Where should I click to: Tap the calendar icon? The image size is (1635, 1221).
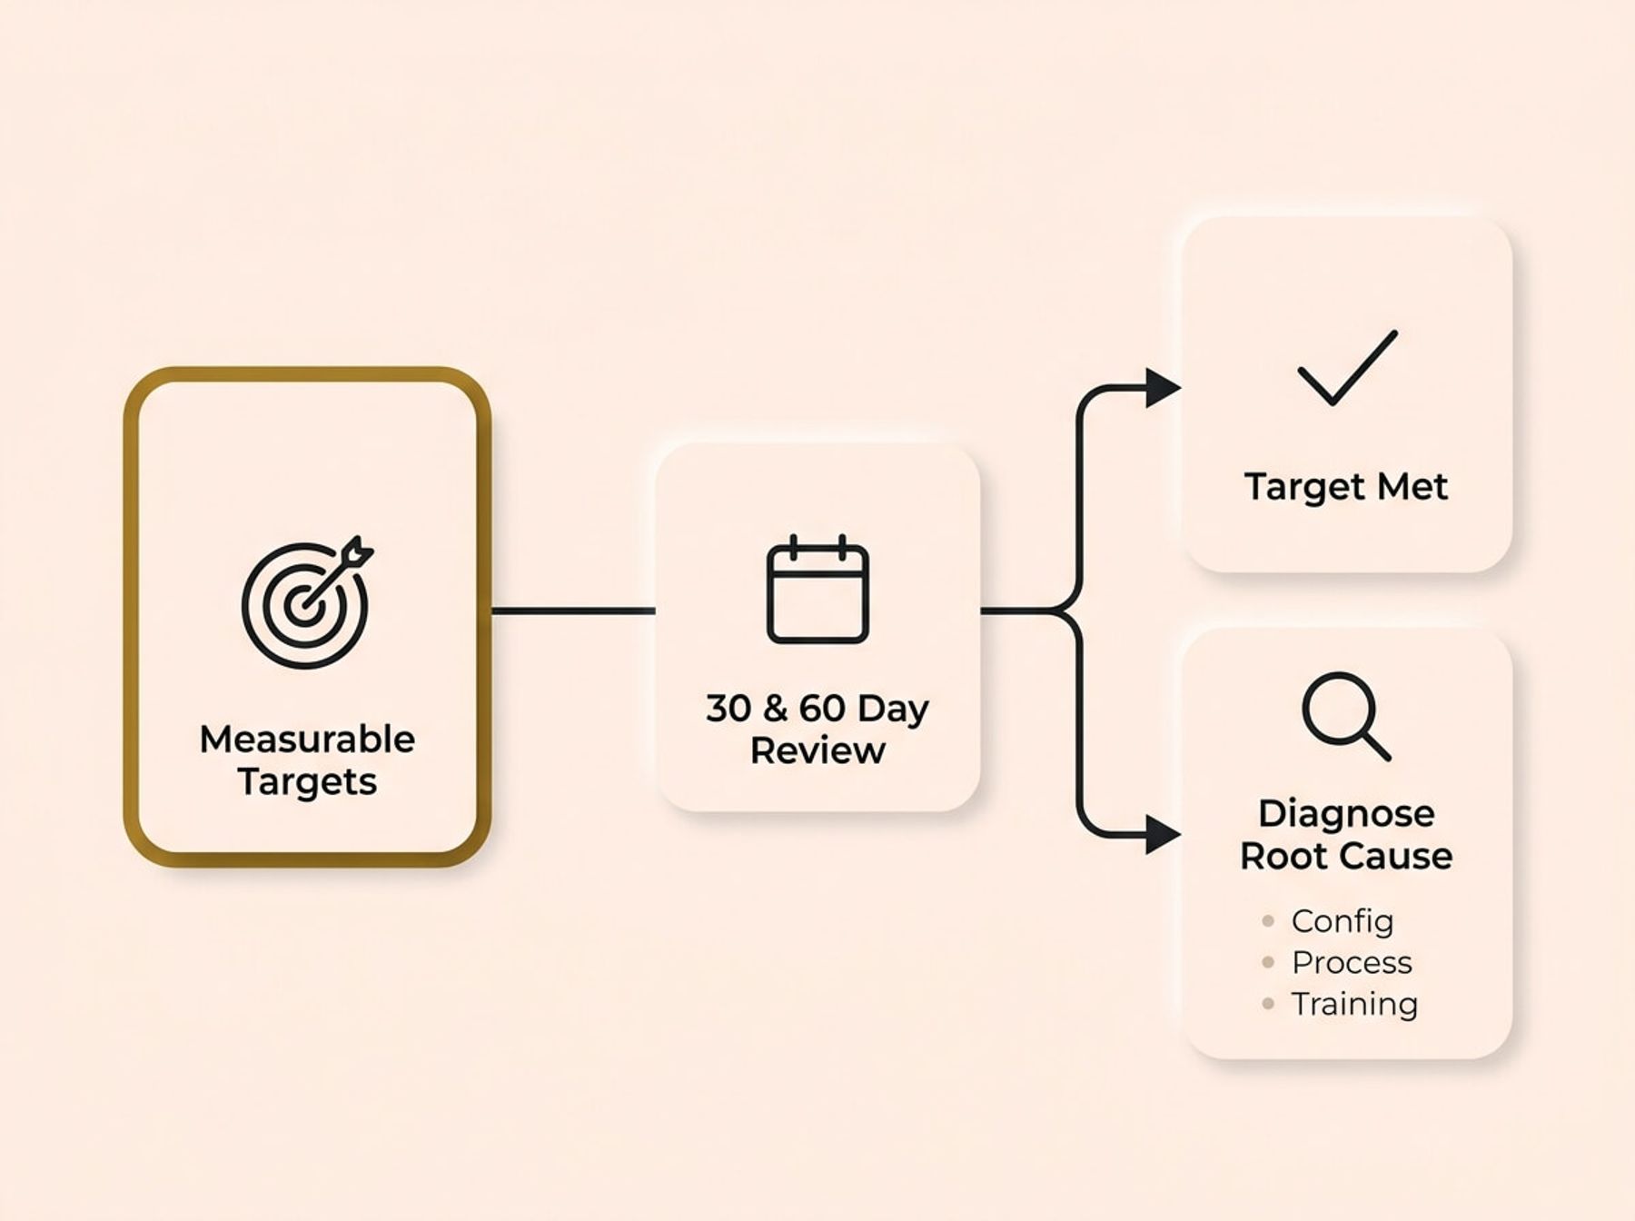817,591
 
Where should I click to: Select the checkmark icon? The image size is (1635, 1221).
1347,368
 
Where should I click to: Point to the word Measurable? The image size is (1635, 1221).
307,740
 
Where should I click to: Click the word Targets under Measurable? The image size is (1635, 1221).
307,782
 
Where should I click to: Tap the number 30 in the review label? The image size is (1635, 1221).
727,709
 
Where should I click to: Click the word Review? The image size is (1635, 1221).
817,751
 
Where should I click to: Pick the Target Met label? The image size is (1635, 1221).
1345,487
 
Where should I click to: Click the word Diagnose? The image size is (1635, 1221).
1346,813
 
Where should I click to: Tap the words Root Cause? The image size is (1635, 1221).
1346,856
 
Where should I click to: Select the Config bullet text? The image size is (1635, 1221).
1342,921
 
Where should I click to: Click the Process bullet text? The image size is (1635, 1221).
1352,962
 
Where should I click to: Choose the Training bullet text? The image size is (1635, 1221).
1353,1004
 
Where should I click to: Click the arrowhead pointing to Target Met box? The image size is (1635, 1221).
1161,388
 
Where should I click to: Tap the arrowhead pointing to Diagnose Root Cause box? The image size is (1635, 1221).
1161,834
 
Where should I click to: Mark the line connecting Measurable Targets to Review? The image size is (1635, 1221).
572,610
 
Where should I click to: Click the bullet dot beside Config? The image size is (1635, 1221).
1268,921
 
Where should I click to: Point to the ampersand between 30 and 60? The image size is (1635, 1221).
774,709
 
